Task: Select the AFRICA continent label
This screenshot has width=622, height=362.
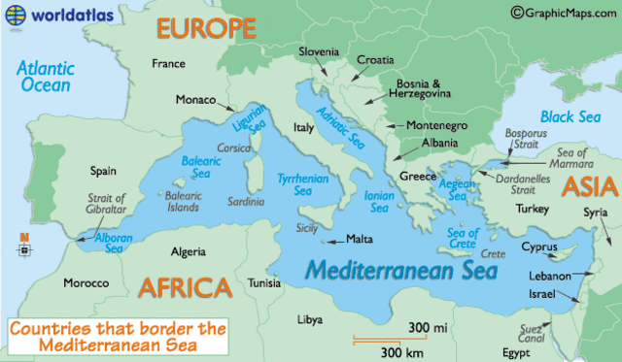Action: click(x=185, y=287)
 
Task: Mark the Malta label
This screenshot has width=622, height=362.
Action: click(x=361, y=239)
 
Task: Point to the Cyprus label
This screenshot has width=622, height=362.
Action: click(x=539, y=247)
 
